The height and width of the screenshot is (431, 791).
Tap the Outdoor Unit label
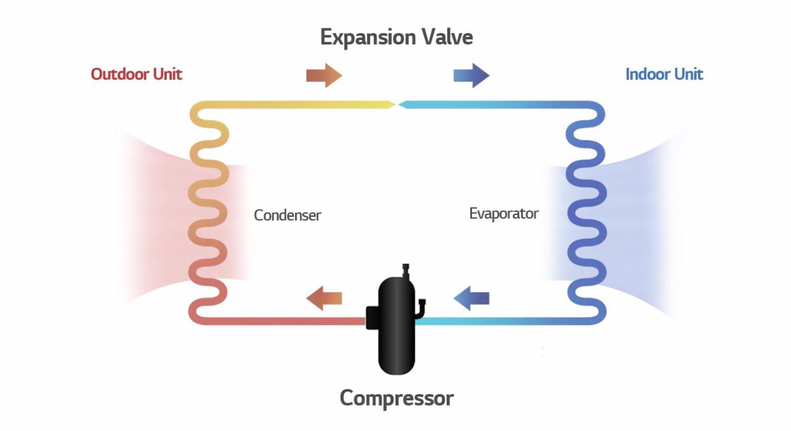tap(137, 75)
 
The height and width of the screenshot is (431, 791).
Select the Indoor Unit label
tap(664, 75)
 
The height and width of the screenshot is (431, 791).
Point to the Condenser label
tap(288, 216)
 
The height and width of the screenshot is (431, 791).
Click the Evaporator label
tap(504, 214)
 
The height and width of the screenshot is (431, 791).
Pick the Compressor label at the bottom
tap(397, 398)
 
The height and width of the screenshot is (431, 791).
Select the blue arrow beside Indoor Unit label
tap(471, 75)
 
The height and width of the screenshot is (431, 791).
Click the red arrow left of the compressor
tap(324, 299)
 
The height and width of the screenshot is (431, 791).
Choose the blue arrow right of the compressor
tap(471, 299)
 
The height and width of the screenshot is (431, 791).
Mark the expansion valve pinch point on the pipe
tap(397, 105)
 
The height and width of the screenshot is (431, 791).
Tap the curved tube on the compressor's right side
tap(421, 308)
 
